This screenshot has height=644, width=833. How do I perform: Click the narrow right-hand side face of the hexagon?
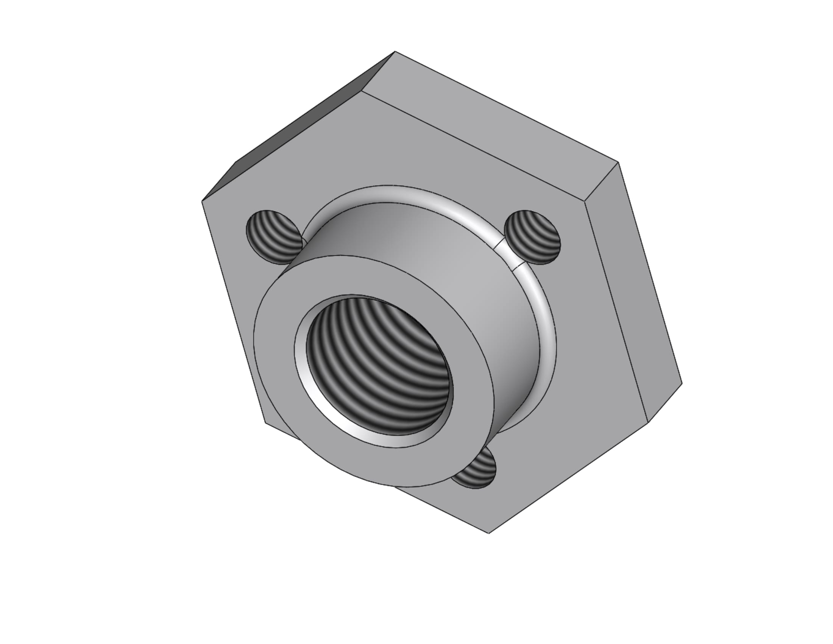[x=633, y=290]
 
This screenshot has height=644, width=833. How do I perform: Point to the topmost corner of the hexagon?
[x=395, y=51]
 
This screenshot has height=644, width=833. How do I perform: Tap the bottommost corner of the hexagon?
[x=489, y=533]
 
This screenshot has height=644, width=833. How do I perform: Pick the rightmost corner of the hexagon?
[x=682, y=383]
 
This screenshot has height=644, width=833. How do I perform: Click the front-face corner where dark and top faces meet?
[x=361, y=92]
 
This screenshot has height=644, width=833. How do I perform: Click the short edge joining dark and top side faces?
[x=378, y=71]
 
